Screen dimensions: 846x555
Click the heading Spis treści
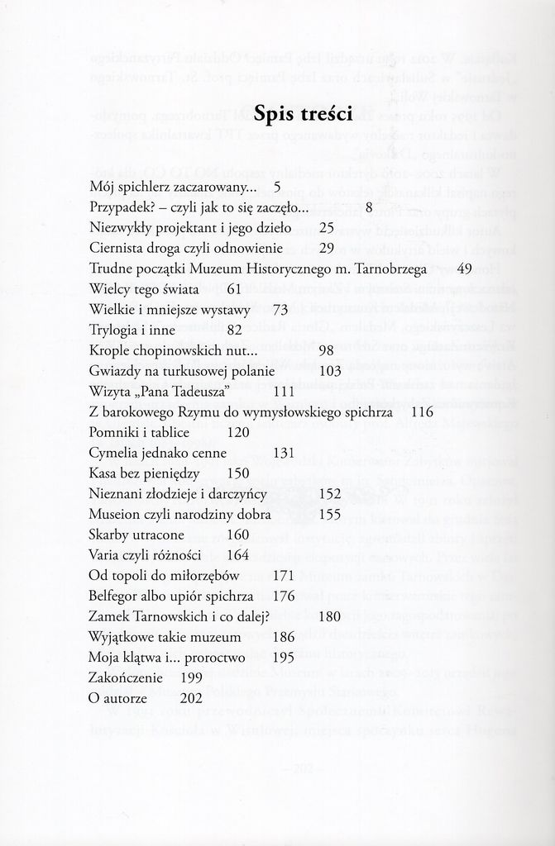click(x=304, y=113)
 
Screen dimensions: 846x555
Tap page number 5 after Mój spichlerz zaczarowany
click(x=278, y=188)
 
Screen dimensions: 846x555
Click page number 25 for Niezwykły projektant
click(x=325, y=228)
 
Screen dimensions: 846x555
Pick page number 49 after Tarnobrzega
click(x=463, y=269)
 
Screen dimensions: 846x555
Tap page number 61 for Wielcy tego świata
click(x=233, y=289)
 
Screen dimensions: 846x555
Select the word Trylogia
click(x=113, y=330)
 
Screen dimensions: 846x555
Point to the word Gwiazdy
click(x=114, y=371)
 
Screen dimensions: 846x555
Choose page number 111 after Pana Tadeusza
click(x=284, y=391)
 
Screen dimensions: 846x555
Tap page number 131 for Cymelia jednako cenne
click(x=284, y=452)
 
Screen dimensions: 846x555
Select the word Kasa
click(x=103, y=473)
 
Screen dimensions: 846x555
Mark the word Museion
click(x=116, y=514)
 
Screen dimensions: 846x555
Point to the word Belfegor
click(x=117, y=596)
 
